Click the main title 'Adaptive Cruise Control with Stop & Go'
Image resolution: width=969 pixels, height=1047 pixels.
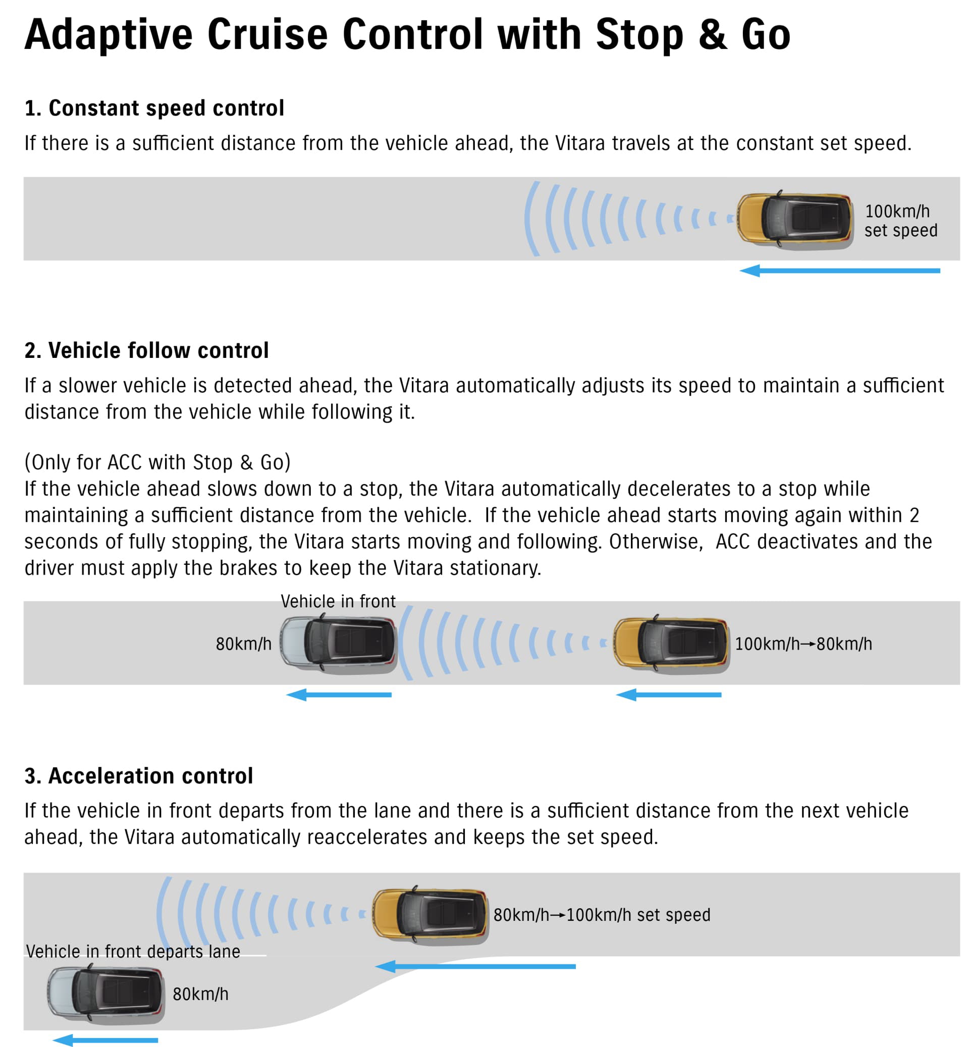point(407,35)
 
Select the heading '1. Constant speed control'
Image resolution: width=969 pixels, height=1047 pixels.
point(154,108)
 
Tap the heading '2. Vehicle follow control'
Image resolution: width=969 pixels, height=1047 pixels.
point(146,350)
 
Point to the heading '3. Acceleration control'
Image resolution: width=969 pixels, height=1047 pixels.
point(138,775)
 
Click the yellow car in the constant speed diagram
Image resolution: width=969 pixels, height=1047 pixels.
point(795,218)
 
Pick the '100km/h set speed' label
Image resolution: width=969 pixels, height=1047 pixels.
point(900,220)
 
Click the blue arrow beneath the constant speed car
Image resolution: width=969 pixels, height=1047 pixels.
point(839,271)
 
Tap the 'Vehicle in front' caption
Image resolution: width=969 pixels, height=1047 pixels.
point(338,601)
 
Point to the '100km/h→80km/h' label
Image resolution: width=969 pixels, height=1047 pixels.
point(803,644)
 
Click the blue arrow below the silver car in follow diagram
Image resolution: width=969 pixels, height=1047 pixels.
point(339,695)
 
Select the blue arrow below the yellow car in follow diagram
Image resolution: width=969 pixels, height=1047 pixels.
point(668,695)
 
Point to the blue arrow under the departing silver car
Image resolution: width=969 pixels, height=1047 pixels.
point(105,1039)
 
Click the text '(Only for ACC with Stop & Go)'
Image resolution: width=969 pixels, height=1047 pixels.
point(157,462)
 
